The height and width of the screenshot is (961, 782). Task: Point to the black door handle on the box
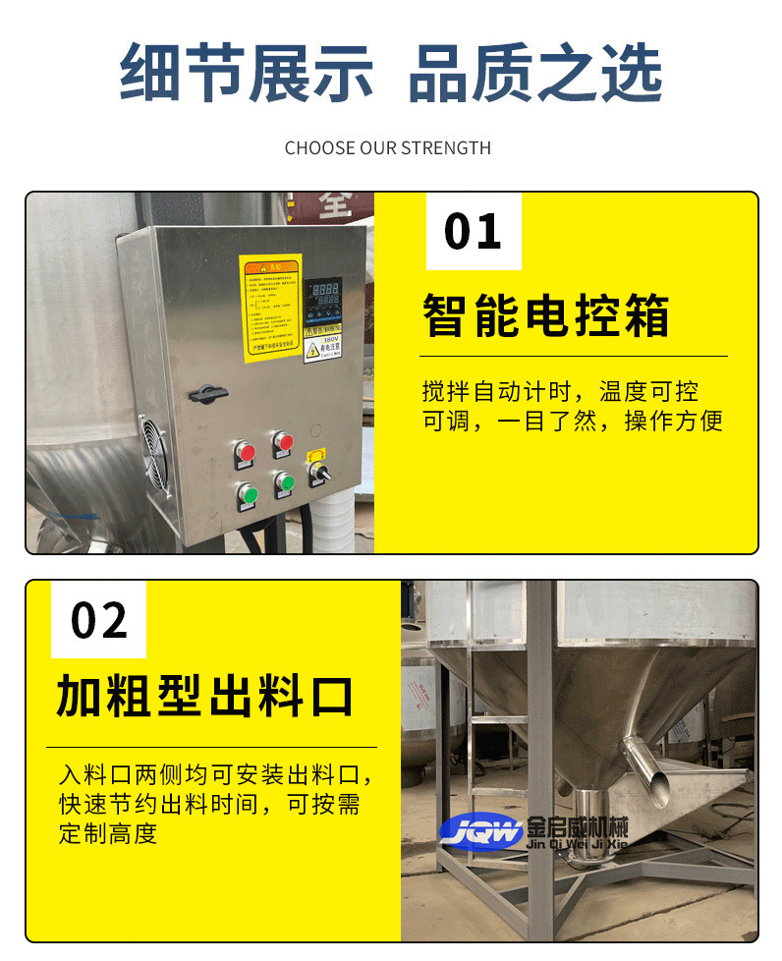pyautogui.click(x=209, y=393)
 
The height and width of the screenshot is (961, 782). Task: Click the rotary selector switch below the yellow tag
pyautogui.click(x=318, y=474)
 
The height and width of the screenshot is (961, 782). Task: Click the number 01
pyautogui.click(x=473, y=232)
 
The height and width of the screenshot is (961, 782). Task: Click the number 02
pyautogui.click(x=99, y=621)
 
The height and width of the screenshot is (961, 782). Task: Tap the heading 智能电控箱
pyautogui.click(x=546, y=316)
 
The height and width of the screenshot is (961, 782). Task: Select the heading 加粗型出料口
pyautogui.click(x=204, y=697)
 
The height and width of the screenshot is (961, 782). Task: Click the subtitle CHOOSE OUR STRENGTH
pyautogui.click(x=388, y=148)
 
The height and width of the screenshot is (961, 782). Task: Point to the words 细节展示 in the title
pyautogui.click(x=247, y=74)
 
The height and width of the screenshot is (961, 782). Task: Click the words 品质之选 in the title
pyautogui.click(x=534, y=74)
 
